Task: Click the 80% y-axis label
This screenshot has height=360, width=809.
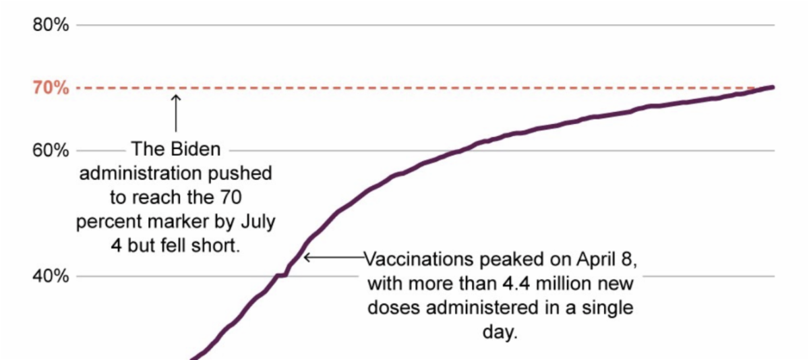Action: point(51,26)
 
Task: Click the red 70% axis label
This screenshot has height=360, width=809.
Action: point(51,88)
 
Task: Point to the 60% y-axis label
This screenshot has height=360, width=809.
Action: point(51,150)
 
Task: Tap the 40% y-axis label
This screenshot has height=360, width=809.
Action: point(51,276)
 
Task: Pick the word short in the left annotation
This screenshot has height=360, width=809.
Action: point(218,246)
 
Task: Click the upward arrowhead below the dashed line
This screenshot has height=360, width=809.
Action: point(176,98)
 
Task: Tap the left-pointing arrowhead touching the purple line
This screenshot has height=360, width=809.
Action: point(307,257)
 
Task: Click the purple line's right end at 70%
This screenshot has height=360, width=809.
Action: point(772,87)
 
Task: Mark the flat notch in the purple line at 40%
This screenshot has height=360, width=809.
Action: point(282,275)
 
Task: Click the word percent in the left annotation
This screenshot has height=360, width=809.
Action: point(109,222)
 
